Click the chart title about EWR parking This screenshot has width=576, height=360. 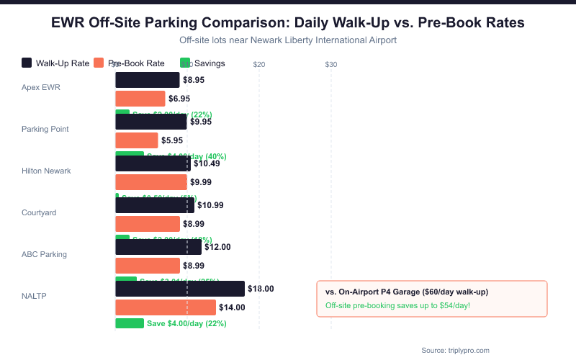pos(288,23)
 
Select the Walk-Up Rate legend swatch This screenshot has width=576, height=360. pos(27,63)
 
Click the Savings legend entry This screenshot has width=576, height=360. pos(210,63)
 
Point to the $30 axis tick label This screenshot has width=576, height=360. pos(331,64)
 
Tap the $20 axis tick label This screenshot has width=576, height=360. pos(259,64)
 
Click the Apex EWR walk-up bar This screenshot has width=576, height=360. pos(147,80)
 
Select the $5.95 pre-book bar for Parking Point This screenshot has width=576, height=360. pos(136,140)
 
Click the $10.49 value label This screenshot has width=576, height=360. pos(207,163)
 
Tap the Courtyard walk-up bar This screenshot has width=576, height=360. pos(154,205)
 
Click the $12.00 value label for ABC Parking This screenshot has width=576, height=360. pos(217,247)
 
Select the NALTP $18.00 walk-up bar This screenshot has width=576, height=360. pos(179,289)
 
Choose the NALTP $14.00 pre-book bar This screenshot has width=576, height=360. pos(165,307)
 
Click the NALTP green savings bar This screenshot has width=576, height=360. pos(130,323)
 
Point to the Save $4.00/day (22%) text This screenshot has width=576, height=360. pos(186,323)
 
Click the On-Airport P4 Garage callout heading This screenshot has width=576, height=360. pos(407,292)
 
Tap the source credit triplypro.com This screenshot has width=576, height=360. pos(455,350)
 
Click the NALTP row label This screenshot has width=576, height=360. pos(35,296)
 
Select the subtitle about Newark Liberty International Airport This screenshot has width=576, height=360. pos(288,40)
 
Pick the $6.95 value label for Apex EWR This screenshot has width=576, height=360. pos(179,99)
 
